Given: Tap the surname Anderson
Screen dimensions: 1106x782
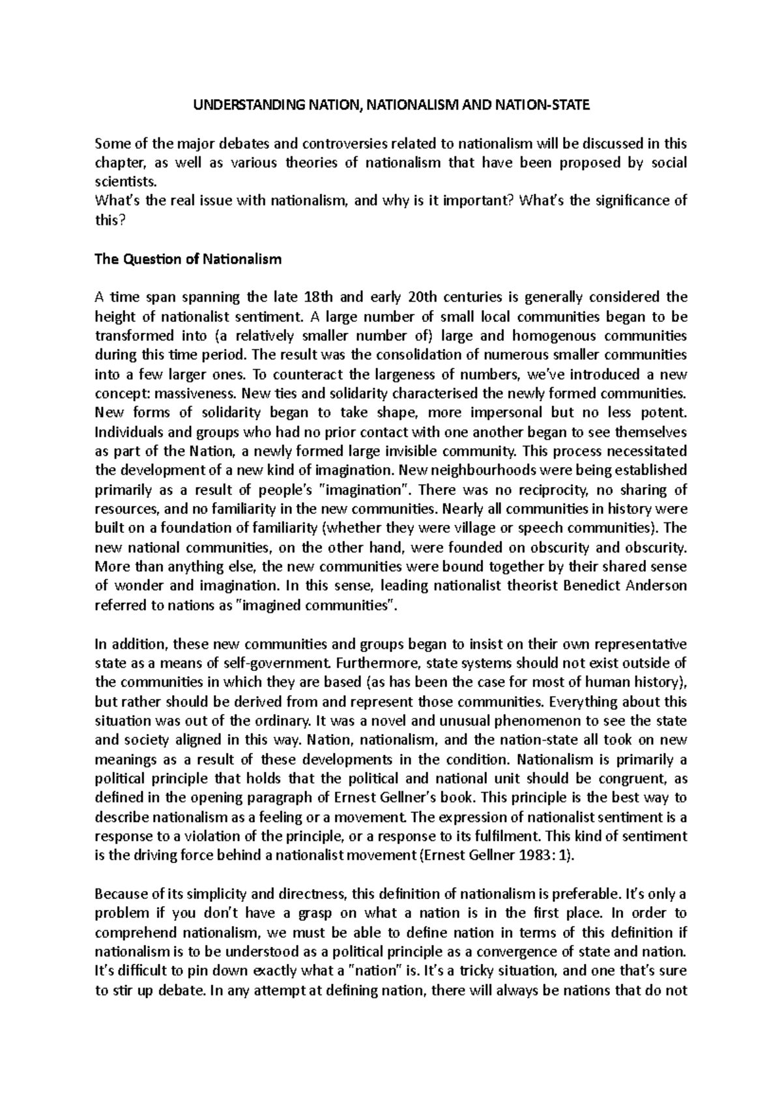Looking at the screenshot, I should point(656,586).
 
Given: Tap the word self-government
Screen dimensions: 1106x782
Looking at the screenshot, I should point(259,664).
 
